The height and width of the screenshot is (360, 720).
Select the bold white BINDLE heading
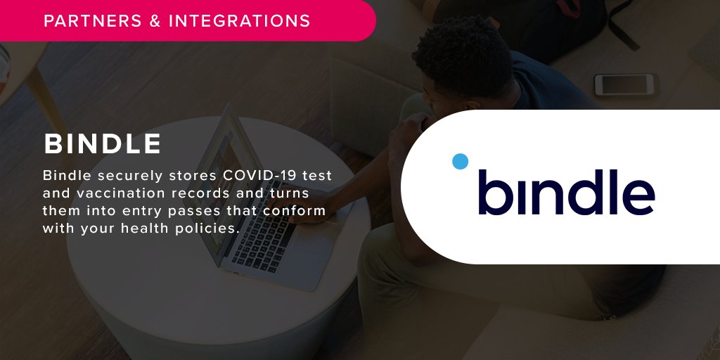(x=103, y=144)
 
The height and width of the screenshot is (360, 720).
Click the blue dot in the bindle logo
(x=460, y=161)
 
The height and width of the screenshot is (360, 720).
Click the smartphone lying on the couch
(x=624, y=84)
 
